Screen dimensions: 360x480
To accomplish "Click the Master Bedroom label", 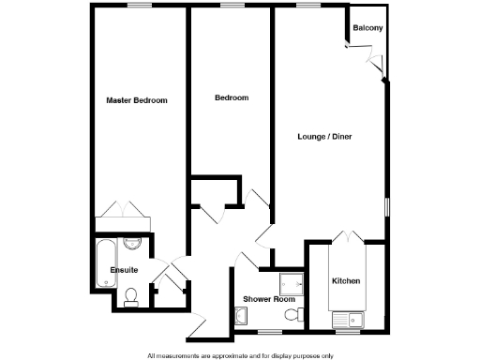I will [136, 100].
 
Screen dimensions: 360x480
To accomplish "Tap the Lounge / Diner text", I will [325, 138].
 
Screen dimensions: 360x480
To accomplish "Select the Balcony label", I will [367, 28].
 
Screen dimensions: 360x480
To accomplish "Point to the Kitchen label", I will [346, 281].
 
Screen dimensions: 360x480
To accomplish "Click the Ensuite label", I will [124, 270].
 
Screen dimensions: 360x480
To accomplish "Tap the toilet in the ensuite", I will [131, 298].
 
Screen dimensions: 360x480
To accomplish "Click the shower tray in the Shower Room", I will [289, 283].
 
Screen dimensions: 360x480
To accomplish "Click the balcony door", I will [378, 62].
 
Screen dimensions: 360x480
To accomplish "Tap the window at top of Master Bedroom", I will [141, 7].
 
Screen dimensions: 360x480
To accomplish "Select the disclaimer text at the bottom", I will [239, 355].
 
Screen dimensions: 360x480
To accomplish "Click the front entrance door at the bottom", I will [198, 325].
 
